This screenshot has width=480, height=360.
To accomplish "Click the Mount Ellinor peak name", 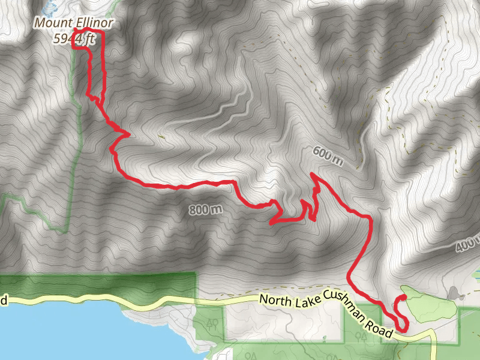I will (x=74, y=23).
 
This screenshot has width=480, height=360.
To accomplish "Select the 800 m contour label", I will (x=205, y=209).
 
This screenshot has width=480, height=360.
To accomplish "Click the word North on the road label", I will (x=272, y=299).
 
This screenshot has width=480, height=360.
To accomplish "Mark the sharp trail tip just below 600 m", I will (x=311, y=175).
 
